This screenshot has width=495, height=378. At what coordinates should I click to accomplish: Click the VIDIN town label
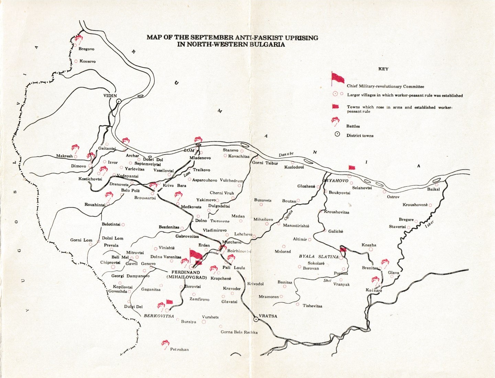[110, 96]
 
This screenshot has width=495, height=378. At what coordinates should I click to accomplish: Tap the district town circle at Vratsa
[256, 319]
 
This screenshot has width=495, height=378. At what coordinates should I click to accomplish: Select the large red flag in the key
[337, 78]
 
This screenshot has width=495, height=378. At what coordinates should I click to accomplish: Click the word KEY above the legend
[383, 69]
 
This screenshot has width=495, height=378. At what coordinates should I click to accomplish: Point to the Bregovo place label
[86, 49]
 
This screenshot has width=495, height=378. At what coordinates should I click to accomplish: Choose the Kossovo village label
[87, 61]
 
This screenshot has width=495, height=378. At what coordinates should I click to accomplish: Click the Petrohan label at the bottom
[179, 350]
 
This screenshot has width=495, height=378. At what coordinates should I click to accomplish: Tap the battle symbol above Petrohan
[165, 343]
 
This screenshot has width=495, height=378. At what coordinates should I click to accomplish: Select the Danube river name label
[286, 154]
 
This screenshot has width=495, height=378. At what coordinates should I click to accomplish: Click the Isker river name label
[429, 224]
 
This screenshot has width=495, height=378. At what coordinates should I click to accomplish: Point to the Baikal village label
[433, 189]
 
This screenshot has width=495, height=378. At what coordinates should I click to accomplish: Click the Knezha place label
[369, 245]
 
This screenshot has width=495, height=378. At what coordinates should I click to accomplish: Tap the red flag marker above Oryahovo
[352, 168]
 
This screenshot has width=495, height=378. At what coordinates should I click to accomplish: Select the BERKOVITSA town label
[159, 316]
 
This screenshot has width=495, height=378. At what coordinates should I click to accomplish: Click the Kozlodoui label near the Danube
[294, 167]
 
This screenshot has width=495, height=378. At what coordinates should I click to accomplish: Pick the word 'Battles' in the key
[353, 126]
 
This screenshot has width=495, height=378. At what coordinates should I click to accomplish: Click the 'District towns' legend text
[360, 136]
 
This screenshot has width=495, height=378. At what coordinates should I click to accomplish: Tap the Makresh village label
[64, 156]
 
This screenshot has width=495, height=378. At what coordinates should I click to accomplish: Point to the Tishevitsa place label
[312, 306]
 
